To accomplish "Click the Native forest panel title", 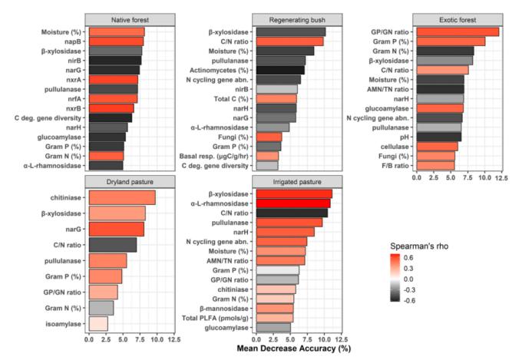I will point(130,18).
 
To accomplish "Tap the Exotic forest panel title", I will point(458,18).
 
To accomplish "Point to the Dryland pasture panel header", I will point(130,181).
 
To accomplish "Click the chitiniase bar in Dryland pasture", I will point(122,197).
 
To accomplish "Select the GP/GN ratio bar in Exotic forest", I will point(457,31).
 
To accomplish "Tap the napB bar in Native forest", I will point(116,41).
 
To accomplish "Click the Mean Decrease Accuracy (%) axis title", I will point(293,349).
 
